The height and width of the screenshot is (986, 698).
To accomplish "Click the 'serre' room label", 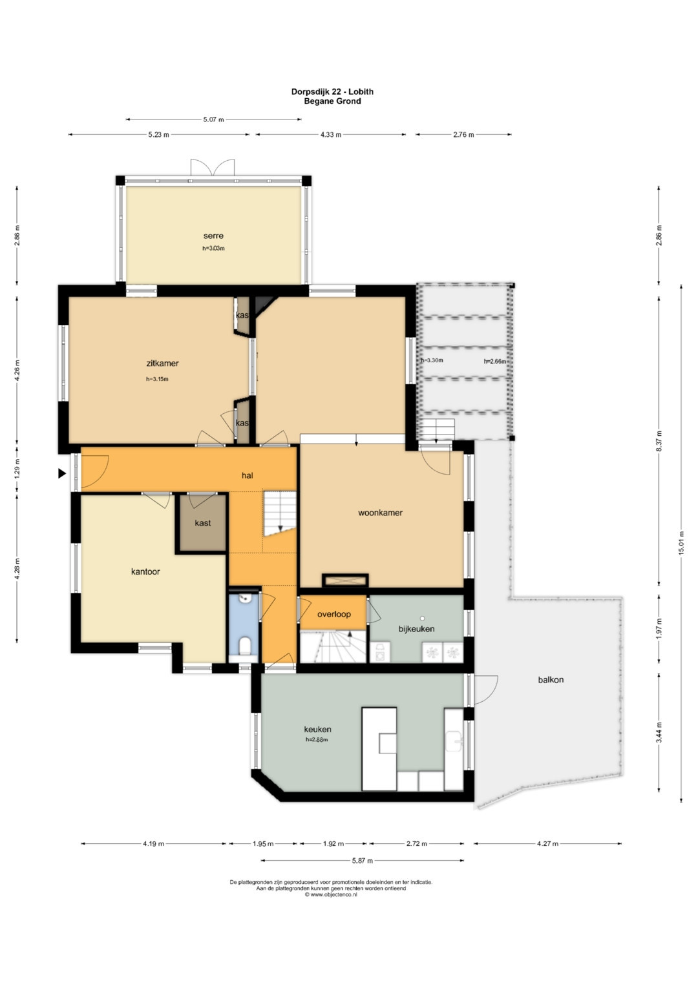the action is pos(213,236).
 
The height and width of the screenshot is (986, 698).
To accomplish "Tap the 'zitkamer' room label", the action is pos(162,363).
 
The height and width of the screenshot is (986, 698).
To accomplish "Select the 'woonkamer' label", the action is pos(380,512).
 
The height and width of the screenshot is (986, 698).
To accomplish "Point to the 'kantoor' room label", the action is pos(145,571).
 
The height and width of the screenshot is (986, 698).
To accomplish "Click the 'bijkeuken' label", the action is pos(416,628).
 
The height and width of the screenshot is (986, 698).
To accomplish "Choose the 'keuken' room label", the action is pos(317,729).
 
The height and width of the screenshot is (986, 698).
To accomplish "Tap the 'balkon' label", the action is pos(551,680).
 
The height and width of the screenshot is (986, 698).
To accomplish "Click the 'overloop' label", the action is pos(333,614).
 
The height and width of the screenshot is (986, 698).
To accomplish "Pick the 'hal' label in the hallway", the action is pos(247,475).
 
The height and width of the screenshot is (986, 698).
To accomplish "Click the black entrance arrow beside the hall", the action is pos(62,474).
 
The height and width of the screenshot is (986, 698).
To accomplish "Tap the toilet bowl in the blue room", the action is pos(244,646).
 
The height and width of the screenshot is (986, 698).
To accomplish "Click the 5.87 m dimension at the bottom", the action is pos(362,861).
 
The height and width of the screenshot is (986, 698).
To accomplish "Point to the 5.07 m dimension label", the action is pos(213,119).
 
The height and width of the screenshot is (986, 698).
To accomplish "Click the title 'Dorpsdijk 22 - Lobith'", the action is pos(332,92).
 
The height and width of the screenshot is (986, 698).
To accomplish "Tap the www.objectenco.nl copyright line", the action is pos(331,894).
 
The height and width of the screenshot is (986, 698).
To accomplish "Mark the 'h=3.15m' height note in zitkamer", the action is pos(157,379).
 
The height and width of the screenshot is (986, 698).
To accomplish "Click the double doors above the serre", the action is pos(213,168).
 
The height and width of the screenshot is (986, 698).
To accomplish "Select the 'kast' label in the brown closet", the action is pos(203,523).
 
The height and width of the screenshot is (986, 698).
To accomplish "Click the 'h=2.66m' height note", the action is pos(495,362).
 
